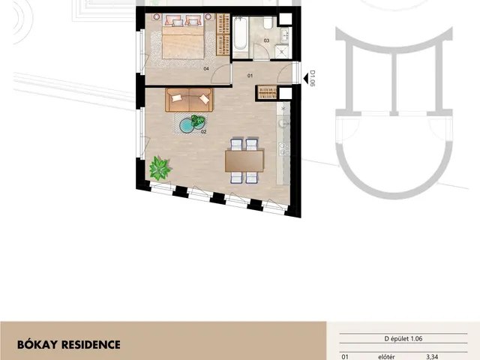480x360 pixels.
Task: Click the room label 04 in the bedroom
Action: pos(206,69)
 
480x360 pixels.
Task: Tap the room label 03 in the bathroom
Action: pos(266,40)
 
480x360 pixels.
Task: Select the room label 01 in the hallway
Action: pos(250,76)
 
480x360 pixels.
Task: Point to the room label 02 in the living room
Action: pos(203,132)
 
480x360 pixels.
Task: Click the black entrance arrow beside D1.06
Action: pos(306,79)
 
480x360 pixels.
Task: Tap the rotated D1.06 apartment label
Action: pos(312,78)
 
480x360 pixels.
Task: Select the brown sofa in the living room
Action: pos(189,100)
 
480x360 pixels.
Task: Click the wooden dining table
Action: pos(244,161)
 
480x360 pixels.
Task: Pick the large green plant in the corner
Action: pos(160,168)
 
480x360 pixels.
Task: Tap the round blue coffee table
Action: pos(187,126)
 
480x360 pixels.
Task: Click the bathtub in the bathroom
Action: pos(240,33)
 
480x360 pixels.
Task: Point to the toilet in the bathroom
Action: pos(268,22)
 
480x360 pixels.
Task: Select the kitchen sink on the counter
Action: pos(283,124)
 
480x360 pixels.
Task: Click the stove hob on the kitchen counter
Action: pos(284,149)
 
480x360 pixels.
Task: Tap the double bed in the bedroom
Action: pos(183,37)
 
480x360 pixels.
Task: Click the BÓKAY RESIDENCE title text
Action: pos(69,345)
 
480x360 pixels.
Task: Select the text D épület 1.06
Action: pos(403,339)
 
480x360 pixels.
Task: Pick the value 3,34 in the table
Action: pos(432,357)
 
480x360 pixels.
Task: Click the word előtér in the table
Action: pos(386,357)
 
